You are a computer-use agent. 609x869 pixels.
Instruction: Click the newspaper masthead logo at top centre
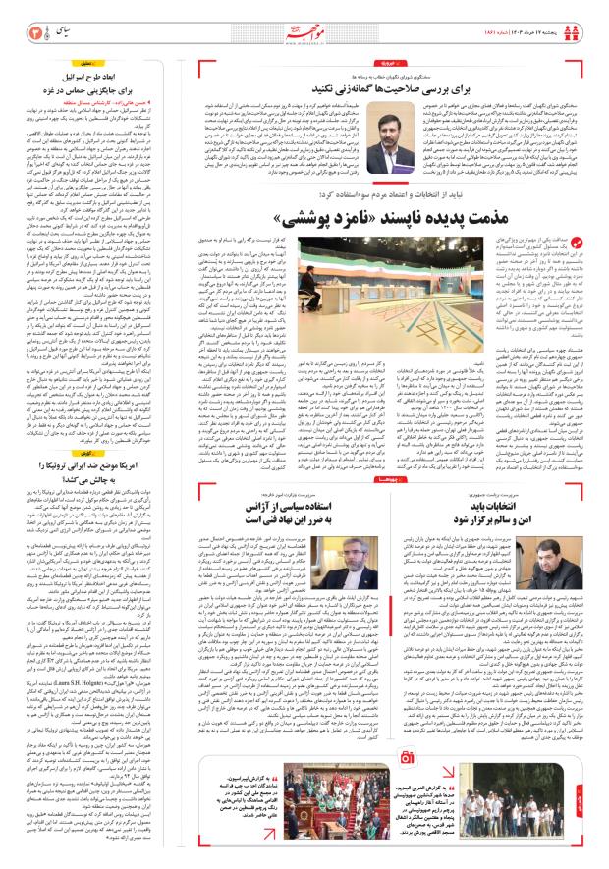click(x=304, y=18)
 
